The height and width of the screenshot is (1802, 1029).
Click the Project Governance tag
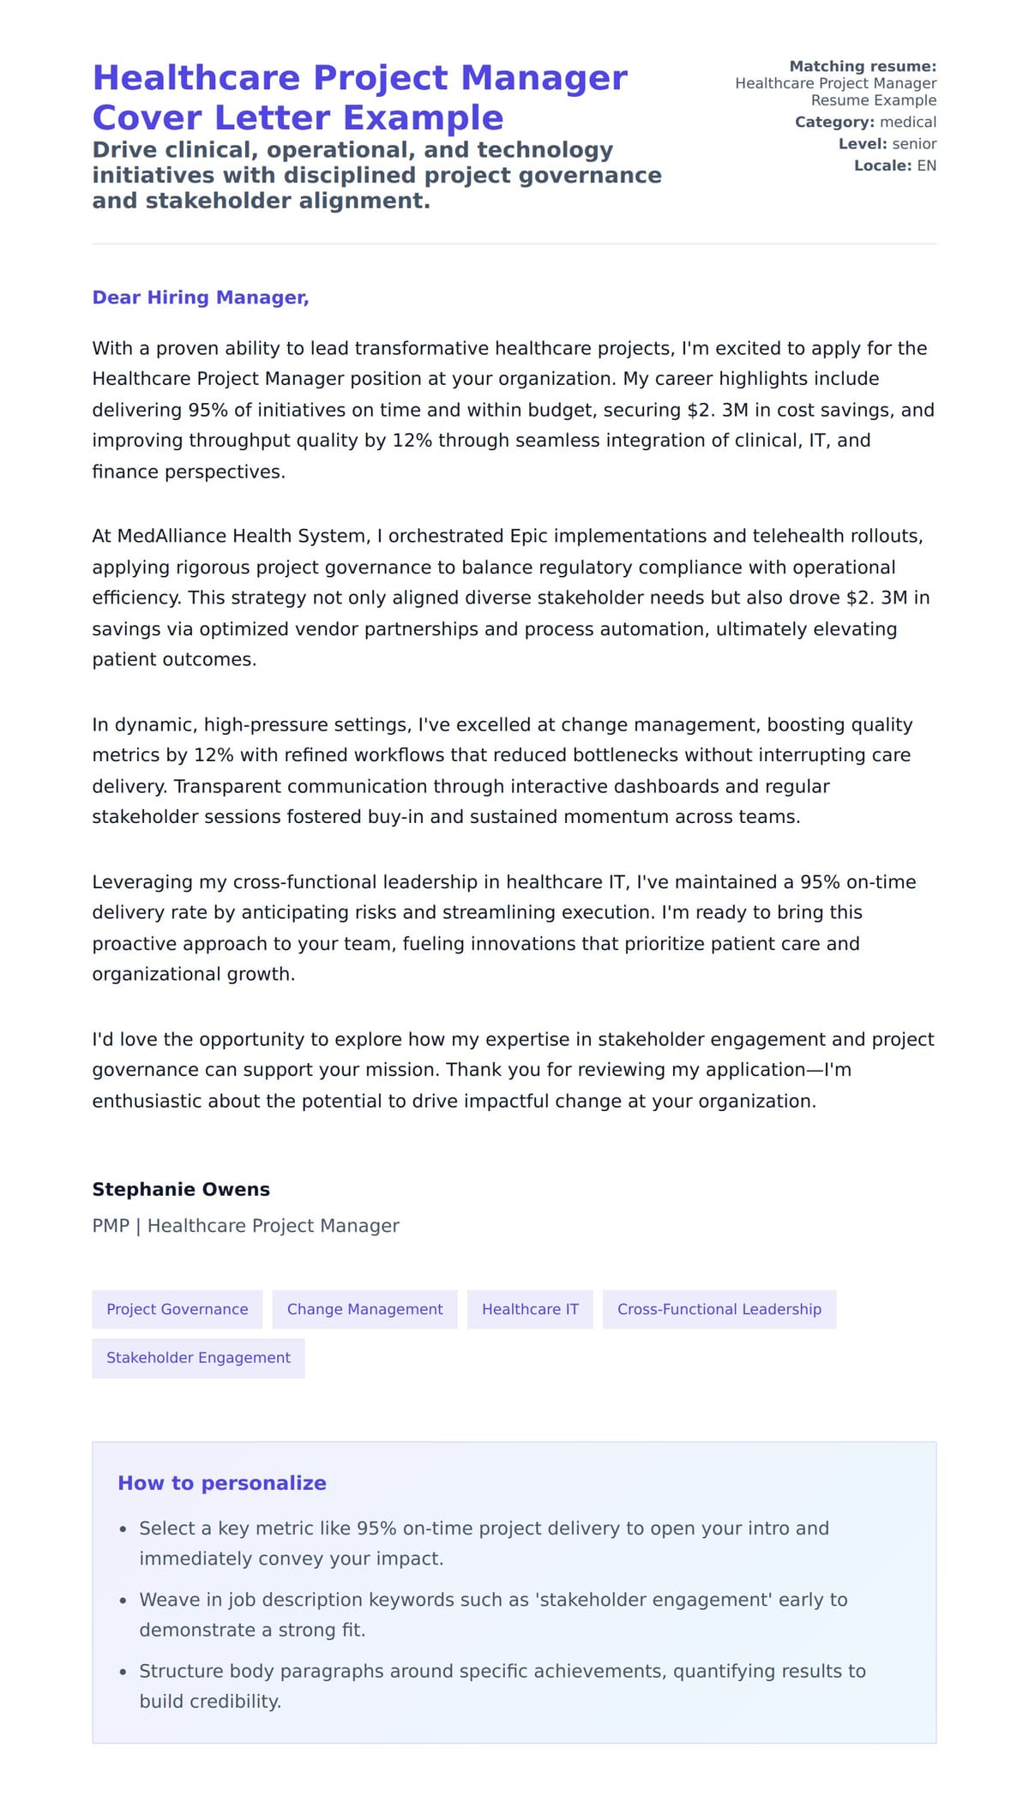pos(177,1309)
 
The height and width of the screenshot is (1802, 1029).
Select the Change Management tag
pos(364,1309)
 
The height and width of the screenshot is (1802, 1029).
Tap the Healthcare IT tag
pos(530,1309)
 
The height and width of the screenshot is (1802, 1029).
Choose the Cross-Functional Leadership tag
pos(719,1309)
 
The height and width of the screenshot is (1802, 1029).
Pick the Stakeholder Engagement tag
pos(198,1358)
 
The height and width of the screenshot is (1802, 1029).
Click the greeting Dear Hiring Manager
pos(200,297)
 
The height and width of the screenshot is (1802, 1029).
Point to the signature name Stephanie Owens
pos(181,1189)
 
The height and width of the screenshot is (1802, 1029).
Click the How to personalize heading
pos(222,1483)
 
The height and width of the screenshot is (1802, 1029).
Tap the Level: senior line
pos(887,144)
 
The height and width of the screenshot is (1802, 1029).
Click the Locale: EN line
pos(894,165)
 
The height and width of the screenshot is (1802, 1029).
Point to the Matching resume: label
pos(862,66)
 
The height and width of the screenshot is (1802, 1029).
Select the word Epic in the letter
pos(528,536)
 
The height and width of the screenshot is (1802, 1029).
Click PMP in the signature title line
pos(111,1226)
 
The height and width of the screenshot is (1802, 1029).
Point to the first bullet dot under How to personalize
pos(123,1529)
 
